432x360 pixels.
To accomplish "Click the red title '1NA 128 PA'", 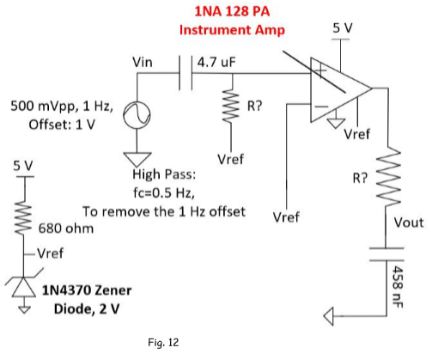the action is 232,11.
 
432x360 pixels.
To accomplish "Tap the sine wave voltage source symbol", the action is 137,115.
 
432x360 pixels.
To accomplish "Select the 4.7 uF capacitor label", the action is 216,63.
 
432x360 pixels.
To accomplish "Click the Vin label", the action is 143,63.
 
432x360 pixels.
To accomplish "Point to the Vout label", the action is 409,223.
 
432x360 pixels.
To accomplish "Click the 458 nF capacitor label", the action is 398,287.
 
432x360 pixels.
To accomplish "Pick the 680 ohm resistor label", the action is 66,229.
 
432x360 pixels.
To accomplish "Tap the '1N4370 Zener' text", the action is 87,290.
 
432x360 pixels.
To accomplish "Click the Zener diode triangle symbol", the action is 24,287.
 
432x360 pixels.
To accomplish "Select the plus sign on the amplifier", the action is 320,70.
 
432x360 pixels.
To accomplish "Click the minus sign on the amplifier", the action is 321,107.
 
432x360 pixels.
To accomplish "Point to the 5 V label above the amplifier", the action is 343,28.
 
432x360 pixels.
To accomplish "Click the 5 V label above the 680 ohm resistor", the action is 23,166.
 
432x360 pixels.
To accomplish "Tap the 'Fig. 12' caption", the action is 163,343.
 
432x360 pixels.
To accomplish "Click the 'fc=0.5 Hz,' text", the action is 164,192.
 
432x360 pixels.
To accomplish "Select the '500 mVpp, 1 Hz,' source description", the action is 62,107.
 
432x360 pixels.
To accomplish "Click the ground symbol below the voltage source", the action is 137,159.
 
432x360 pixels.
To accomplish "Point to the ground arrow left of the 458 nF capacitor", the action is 329,316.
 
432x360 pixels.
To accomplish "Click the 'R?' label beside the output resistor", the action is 360,178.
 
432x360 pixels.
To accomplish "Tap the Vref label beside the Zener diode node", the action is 51,253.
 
